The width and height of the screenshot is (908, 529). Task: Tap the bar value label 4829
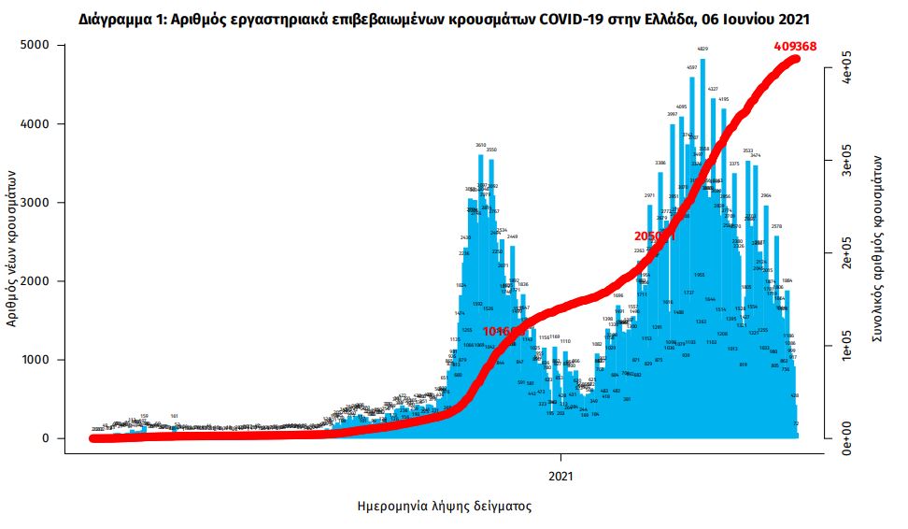click(702, 49)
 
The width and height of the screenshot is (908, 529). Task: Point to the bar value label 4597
click(691, 67)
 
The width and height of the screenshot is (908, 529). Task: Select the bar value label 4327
click(713, 89)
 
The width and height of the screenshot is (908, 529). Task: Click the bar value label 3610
click(481, 145)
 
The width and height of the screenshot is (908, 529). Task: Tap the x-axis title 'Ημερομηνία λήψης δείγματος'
click(445, 506)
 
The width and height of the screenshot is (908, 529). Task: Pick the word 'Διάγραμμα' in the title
click(119, 18)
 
